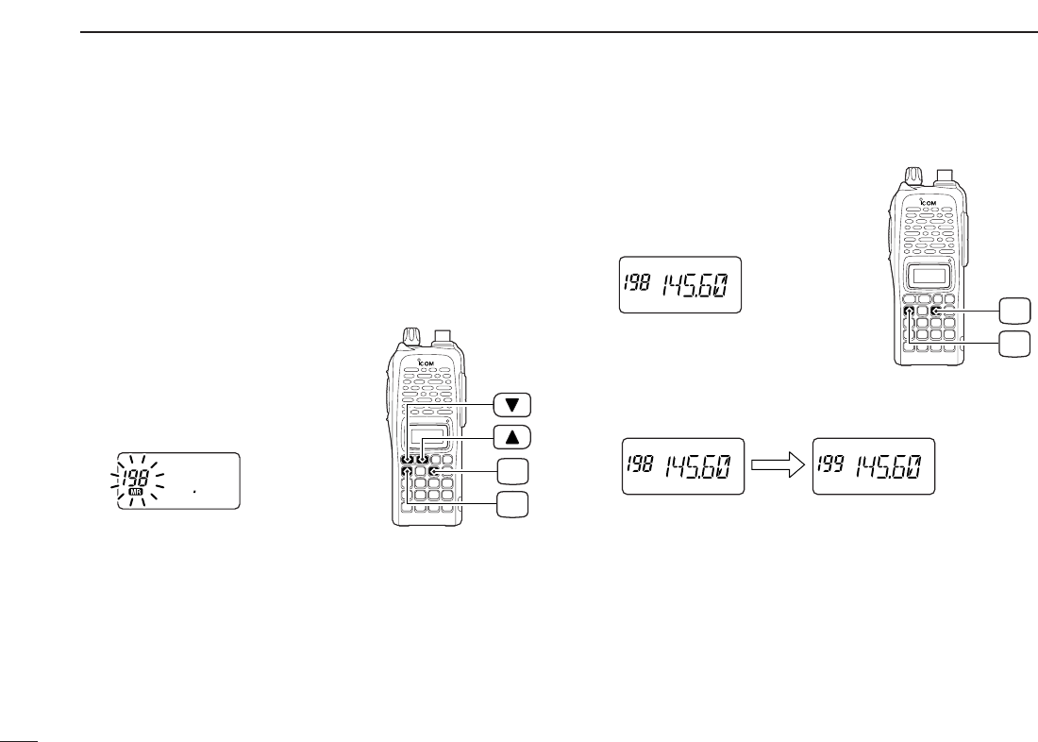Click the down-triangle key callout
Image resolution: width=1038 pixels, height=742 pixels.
coord(511,405)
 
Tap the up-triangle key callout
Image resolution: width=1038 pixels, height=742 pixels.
coord(511,435)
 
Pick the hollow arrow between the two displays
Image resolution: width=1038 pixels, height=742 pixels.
coord(778,465)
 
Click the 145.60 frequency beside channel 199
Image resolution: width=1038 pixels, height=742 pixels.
coord(892,466)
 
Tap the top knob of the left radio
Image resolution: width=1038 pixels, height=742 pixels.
coord(411,336)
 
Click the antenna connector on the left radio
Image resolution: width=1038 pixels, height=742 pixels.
coord(446,336)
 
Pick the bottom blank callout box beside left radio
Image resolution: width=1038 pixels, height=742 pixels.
coord(511,503)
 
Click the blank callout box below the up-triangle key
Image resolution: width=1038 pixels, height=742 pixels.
coord(511,470)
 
